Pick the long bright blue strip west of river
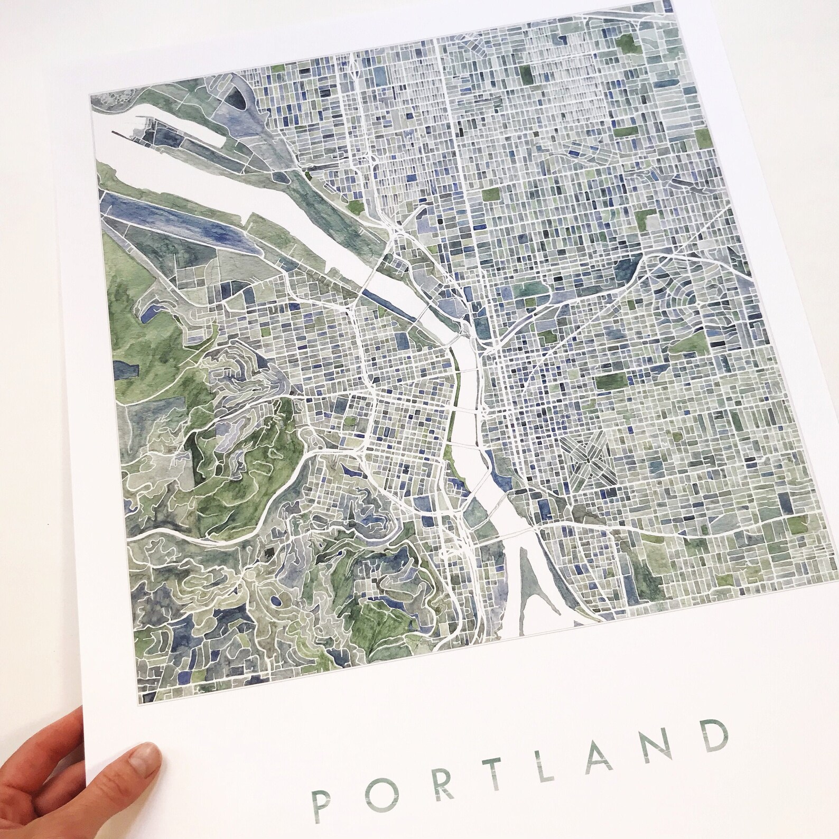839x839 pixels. pyautogui.click(x=174, y=212)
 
